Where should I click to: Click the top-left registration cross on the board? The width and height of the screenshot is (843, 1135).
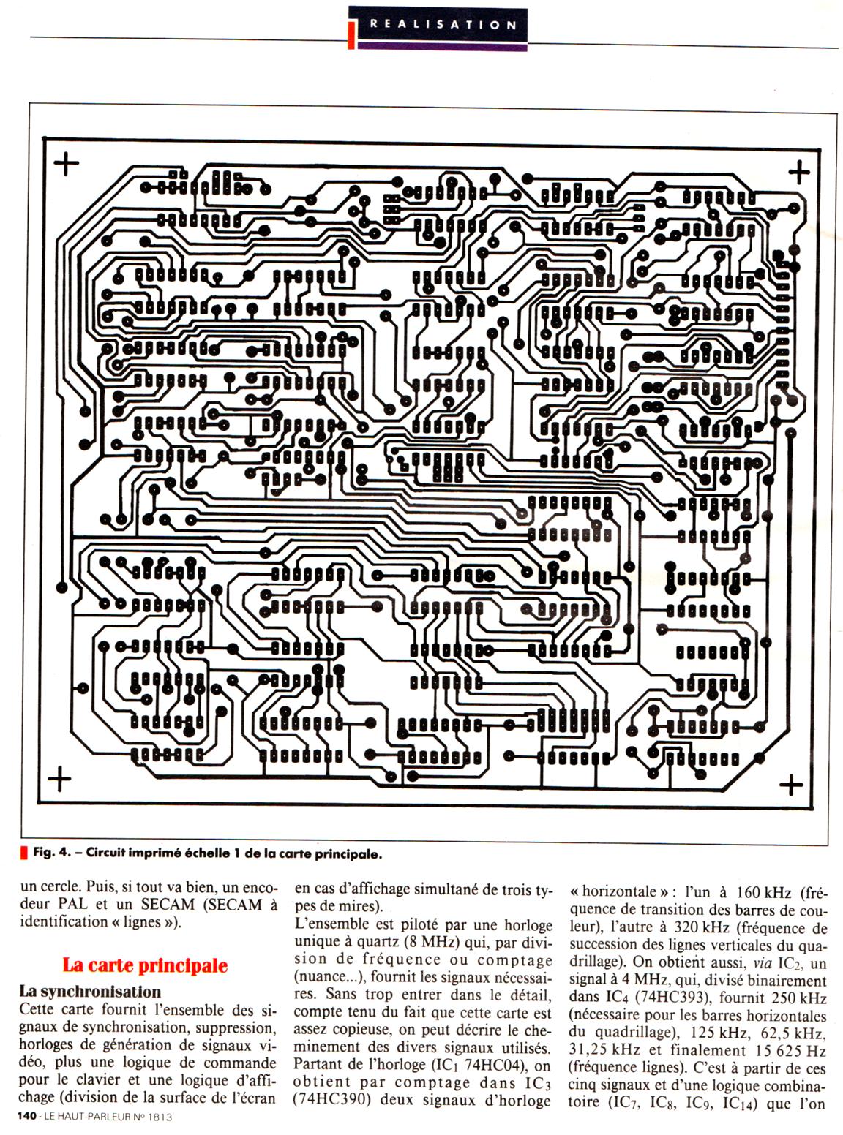click(67, 164)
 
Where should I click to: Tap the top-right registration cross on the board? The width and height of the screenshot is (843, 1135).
click(798, 173)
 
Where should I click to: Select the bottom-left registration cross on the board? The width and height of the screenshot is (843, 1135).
click(59, 779)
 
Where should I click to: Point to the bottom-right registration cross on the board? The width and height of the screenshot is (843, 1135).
click(791, 785)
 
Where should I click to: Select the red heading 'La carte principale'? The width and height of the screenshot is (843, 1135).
click(145, 965)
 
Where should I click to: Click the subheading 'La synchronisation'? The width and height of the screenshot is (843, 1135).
click(90, 992)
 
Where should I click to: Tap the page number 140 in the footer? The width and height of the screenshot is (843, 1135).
click(27, 1117)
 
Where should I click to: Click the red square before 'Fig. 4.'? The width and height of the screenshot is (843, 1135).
click(25, 853)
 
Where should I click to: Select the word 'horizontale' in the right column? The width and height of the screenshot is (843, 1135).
click(618, 892)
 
